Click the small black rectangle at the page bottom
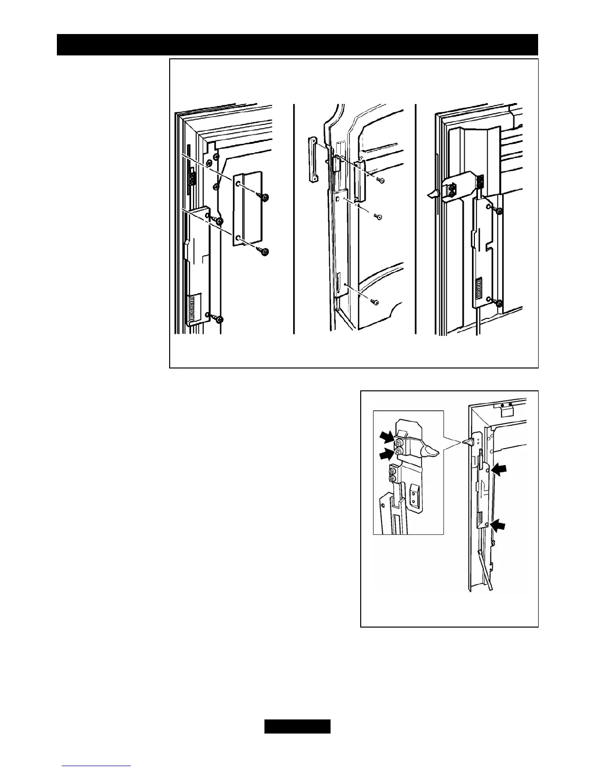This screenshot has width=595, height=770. [297, 726]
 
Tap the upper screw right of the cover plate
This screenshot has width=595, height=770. [265, 197]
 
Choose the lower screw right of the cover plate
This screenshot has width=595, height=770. [264, 252]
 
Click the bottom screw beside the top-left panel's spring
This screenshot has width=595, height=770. [219, 319]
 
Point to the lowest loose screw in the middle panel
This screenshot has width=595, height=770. [375, 302]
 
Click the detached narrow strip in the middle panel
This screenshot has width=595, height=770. [312, 159]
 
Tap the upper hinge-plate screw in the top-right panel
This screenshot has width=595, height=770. [498, 210]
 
